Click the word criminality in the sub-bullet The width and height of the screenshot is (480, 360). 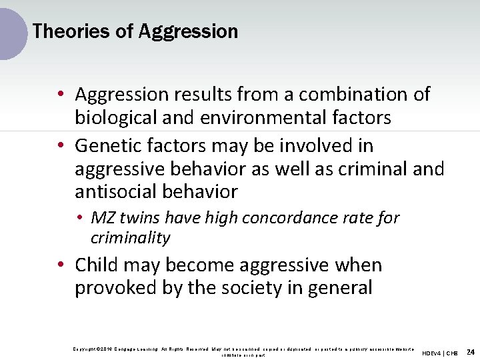tap(131, 238)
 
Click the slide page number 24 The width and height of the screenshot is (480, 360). tap(471, 352)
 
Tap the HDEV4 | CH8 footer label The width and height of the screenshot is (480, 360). tap(440, 353)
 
